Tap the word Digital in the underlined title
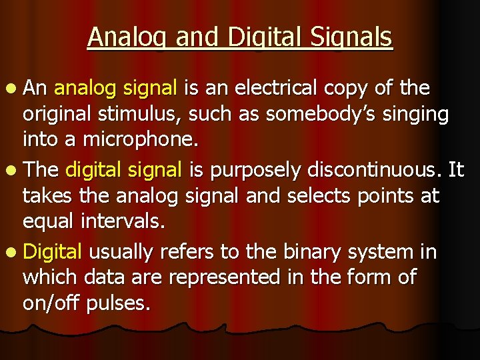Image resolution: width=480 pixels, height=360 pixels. pyautogui.click(x=261, y=37)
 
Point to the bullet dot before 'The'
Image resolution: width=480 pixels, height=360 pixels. pyautogui.click(x=13, y=171)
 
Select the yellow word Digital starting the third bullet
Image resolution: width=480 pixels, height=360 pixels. pyautogui.click(x=52, y=252)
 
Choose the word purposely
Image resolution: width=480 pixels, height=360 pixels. pyautogui.click(x=257, y=170)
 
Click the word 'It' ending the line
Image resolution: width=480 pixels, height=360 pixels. pyautogui.click(x=456, y=170)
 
